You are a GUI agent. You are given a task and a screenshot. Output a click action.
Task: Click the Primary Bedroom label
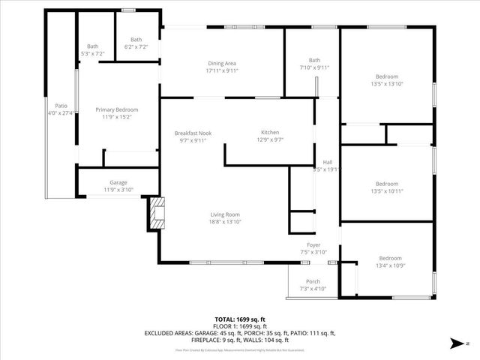pos(117,110)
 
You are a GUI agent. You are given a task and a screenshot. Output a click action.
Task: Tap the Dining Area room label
pos(222,63)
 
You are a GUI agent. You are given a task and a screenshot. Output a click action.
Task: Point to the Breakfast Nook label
pos(193,133)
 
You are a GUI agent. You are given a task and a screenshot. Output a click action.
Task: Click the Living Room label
pos(224,214)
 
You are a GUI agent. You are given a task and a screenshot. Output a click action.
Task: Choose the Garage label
pos(118,182)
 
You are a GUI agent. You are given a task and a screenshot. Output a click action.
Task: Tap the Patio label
pos(61,106)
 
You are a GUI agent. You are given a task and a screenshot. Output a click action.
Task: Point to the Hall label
pos(327,162)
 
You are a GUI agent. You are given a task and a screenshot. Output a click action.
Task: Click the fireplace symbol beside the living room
pos(157,213)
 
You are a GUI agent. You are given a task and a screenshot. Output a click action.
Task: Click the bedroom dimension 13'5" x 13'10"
pos(387,84)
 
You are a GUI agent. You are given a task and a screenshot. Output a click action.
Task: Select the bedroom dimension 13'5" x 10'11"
pos(387,190)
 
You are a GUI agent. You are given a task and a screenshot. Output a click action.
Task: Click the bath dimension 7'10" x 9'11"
pos(313,67)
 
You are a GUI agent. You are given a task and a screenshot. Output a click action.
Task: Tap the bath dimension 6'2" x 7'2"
pos(136,46)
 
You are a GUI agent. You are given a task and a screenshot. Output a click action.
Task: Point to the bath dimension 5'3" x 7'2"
pos(92,54)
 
